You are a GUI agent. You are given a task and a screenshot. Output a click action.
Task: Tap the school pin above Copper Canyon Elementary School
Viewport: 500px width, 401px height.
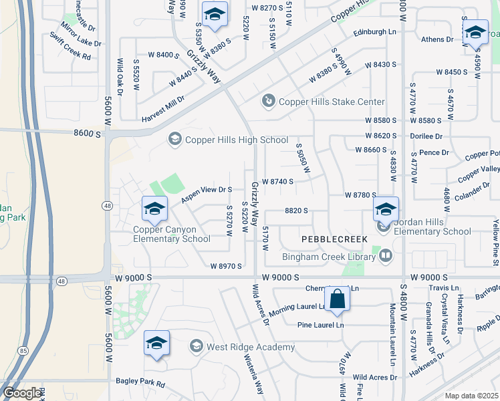coord(154,209)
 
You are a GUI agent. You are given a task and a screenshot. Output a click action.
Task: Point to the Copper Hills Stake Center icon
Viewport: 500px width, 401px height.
coord(268,102)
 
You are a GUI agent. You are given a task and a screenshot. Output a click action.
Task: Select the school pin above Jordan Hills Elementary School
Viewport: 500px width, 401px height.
coord(386,209)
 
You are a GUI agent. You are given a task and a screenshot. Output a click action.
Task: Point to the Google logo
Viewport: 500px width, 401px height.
coord(22,392)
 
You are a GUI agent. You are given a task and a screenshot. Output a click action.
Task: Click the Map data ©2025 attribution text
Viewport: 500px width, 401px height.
coord(472,396)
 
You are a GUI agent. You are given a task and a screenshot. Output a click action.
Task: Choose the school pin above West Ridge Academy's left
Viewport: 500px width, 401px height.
coord(156,343)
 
